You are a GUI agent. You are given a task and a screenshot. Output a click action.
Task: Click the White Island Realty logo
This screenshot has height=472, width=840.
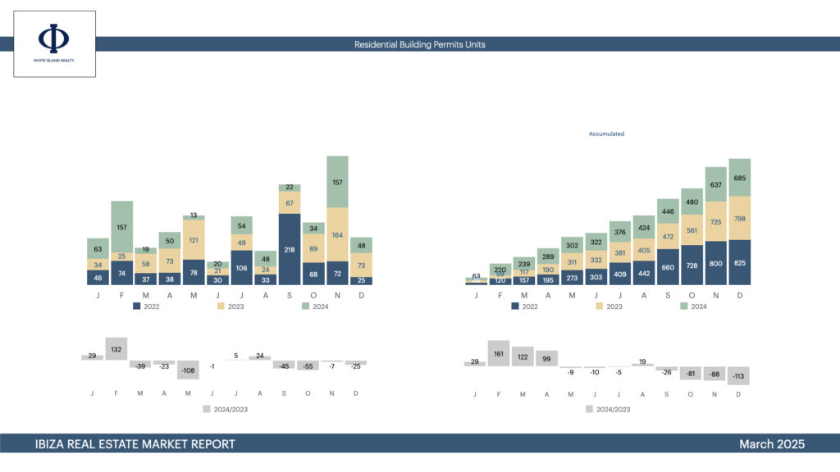[x=54, y=43]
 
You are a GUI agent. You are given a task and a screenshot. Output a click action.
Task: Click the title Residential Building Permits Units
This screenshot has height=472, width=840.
[x=419, y=44]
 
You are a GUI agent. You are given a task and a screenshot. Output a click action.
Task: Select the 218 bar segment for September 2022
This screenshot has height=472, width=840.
[x=290, y=249]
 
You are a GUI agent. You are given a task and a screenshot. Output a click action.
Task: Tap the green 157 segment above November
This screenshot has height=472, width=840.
[x=337, y=181]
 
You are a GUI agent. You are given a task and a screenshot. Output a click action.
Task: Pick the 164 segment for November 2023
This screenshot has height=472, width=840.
[x=337, y=234]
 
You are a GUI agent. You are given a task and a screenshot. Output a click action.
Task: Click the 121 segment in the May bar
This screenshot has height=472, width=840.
[x=194, y=240]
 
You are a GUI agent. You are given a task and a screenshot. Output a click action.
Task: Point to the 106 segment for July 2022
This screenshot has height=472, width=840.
[x=241, y=267]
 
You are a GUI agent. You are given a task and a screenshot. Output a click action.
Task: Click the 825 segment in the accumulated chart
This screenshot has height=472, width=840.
[x=739, y=262]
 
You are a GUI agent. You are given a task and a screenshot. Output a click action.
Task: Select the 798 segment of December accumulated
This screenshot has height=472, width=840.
[x=739, y=218]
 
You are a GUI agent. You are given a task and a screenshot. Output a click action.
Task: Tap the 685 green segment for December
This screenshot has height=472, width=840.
[x=739, y=178]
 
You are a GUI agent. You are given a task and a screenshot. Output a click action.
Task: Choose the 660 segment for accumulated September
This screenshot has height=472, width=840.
[x=668, y=266]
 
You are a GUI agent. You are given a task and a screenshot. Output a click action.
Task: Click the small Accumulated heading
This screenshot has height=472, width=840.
[x=606, y=134]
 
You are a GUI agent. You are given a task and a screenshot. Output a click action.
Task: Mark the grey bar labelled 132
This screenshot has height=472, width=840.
[x=116, y=349]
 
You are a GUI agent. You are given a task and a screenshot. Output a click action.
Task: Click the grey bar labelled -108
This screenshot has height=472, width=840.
[x=188, y=370]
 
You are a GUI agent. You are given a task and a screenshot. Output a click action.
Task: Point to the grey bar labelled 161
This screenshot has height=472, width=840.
[x=498, y=354]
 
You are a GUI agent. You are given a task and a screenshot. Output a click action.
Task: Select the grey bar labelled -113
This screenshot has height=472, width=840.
[x=738, y=375]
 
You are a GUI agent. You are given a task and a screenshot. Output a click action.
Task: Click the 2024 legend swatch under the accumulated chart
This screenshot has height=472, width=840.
[x=685, y=306]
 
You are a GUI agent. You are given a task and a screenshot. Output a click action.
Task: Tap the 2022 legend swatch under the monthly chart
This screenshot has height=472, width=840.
[x=137, y=306]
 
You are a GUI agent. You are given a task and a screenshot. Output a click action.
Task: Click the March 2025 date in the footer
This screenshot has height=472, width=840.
[x=771, y=444]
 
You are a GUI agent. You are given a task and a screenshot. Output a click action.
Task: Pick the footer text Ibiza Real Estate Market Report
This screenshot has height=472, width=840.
[x=135, y=444]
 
